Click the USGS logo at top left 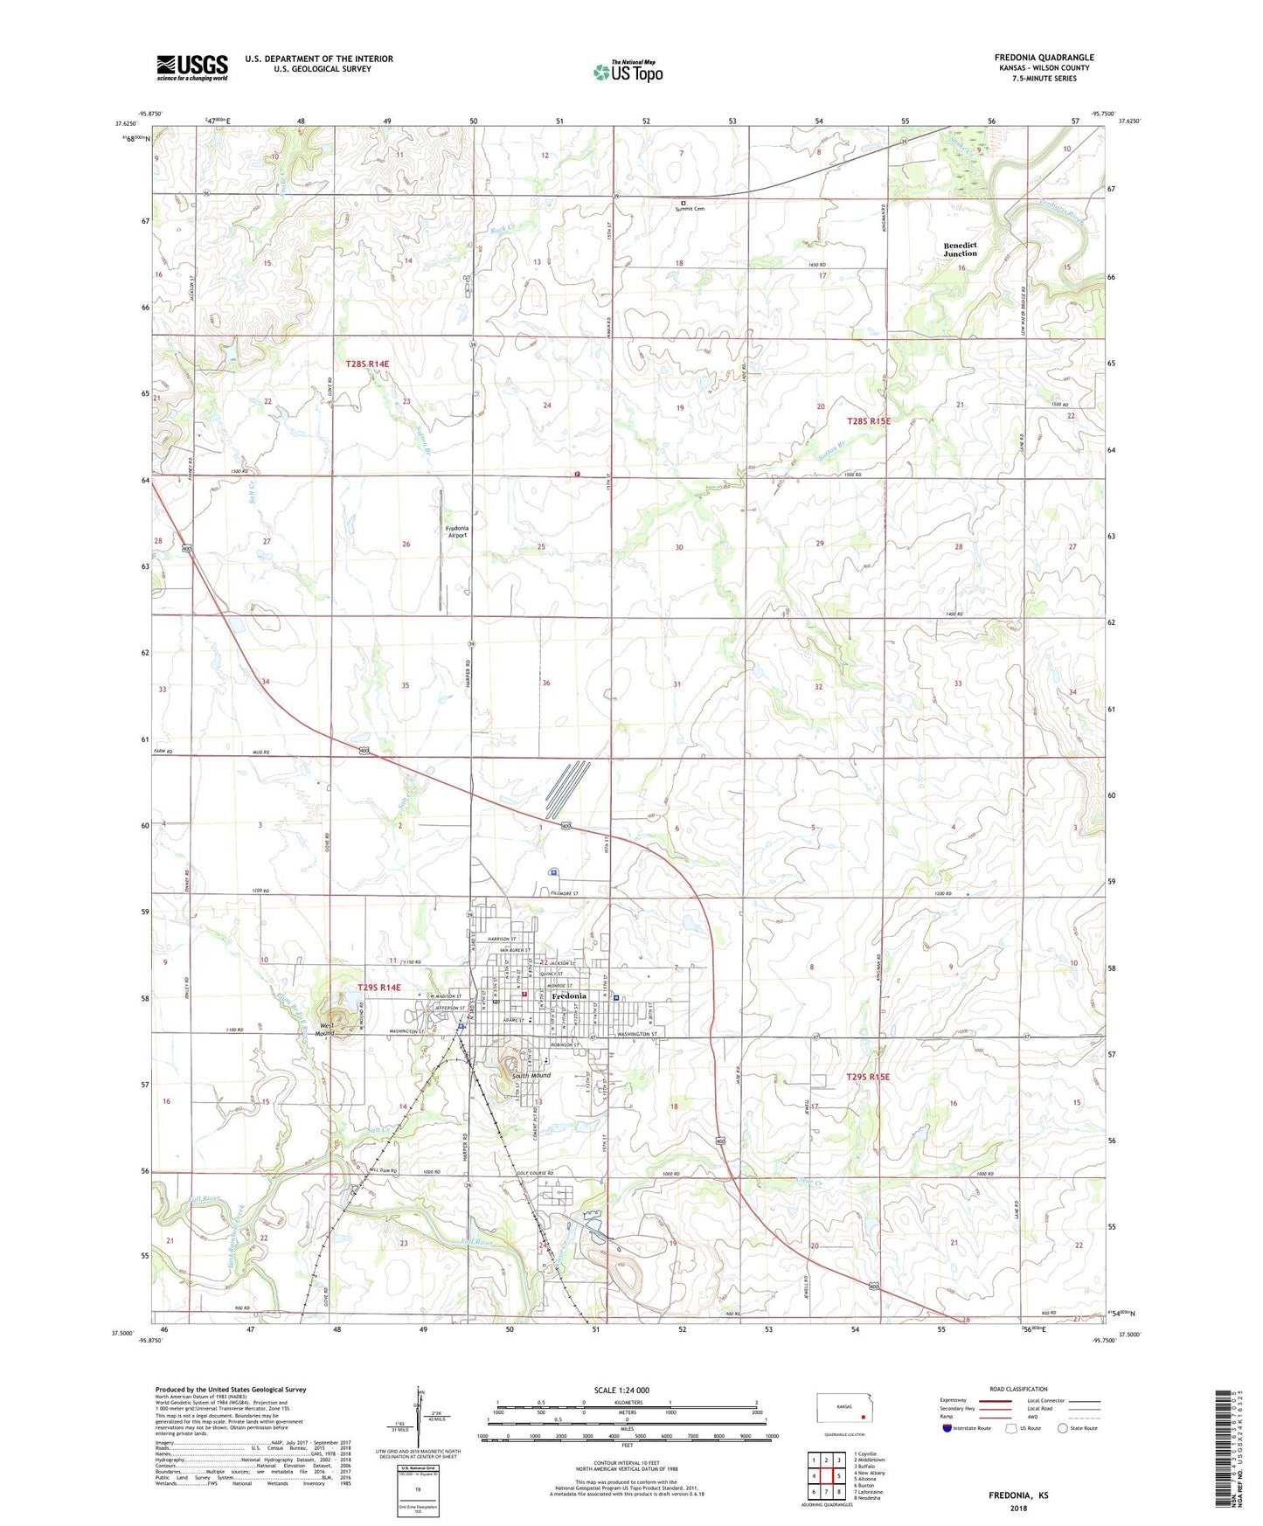click(x=192, y=67)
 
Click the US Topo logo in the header click(x=628, y=72)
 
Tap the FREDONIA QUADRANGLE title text click(x=1044, y=58)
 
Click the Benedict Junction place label click(x=960, y=249)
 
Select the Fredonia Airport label click(x=456, y=531)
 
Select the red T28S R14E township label click(x=367, y=363)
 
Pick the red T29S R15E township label click(x=868, y=1078)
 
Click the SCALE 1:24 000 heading click(x=621, y=1391)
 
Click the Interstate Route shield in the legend click(x=948, y=1428)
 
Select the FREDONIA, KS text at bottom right click(x=1018, y=1495)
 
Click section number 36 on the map click(x=545, y=683)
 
